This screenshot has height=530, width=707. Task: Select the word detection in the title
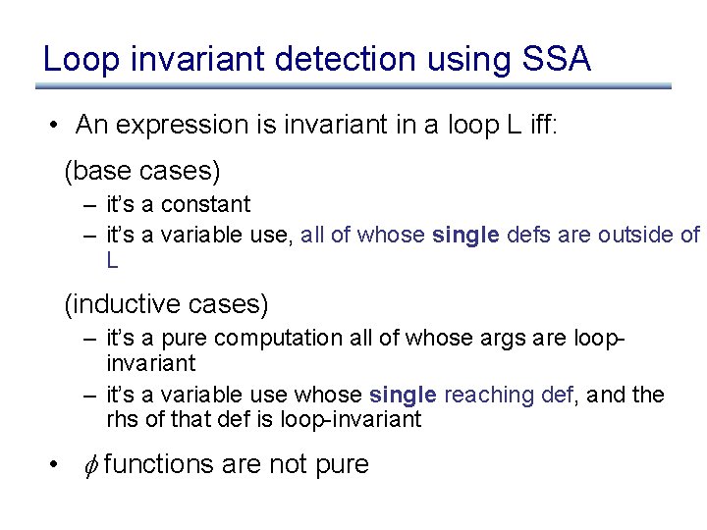click(346, 60)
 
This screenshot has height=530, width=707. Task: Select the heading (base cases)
click(142, 171)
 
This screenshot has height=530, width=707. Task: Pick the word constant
click(206, 204)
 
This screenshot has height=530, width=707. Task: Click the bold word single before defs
click(465, 235)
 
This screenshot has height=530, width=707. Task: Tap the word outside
click(635, 235)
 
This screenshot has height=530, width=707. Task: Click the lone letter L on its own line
click(113, 261)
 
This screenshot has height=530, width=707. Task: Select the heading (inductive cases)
click(166, 305)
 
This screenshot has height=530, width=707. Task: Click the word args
click(508, 339)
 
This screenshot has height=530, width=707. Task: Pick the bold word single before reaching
click(403, 395)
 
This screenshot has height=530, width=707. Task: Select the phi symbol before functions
click(85, 464)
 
